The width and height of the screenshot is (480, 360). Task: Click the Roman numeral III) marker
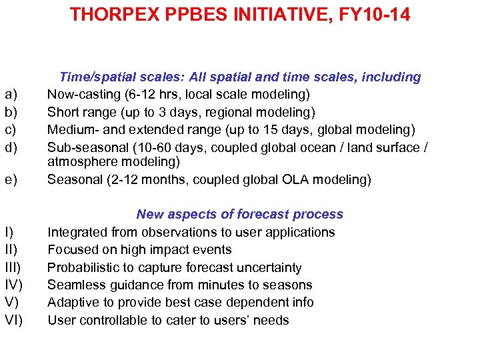point(13,267)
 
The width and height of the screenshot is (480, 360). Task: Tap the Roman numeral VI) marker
point(13,320)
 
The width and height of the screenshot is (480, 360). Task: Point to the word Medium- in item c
point(73,129)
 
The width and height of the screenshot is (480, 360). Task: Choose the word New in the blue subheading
point(149,214)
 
